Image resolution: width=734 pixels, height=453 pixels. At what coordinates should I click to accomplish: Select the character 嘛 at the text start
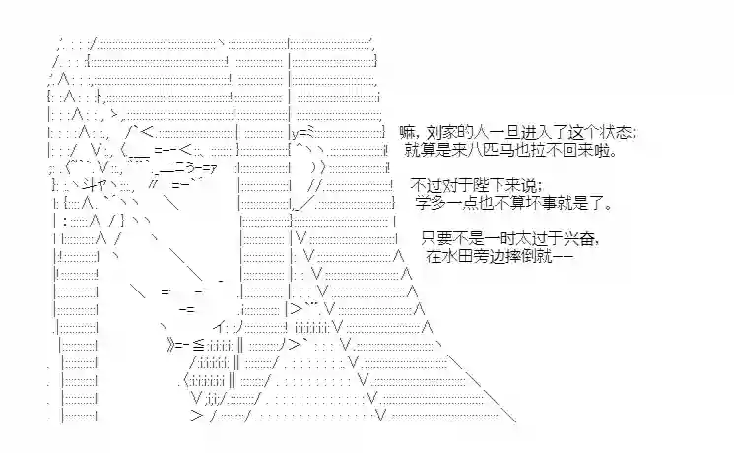pos(407,132)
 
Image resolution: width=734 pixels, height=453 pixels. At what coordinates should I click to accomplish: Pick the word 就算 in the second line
pos(421,151)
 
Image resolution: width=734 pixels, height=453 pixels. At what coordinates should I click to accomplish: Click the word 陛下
pos(488,185)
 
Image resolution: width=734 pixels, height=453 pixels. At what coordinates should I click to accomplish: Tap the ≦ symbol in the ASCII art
pos(195,345)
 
